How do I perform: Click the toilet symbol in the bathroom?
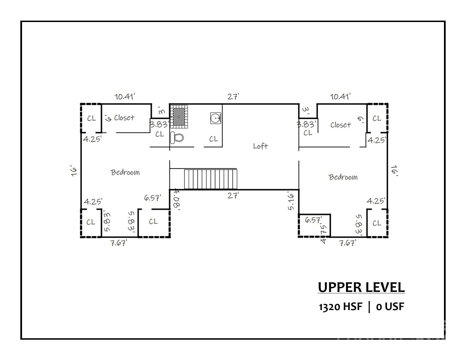pos(177,138)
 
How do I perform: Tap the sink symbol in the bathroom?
pos(215,118)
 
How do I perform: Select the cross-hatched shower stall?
pos(179,116)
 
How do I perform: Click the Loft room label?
pos(260,146)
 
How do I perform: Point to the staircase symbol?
pos(211,179)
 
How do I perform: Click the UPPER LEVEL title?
pos(361,287)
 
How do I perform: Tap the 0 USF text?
pos(390,307)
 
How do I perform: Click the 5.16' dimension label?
pos(291,201)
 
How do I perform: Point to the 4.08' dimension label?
pos(177,199)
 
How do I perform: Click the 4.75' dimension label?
pos(323,234)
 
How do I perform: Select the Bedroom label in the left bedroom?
pos(125,173)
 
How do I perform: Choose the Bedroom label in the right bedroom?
pos(343,177)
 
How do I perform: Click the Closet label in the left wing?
pos(124,118)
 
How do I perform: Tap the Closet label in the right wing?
pos(341,125)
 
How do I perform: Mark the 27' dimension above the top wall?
pos(233,97)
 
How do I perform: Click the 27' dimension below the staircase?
pos(233,196)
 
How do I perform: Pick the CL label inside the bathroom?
pos(214,139)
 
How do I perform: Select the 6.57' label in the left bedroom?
pos(153,198)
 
